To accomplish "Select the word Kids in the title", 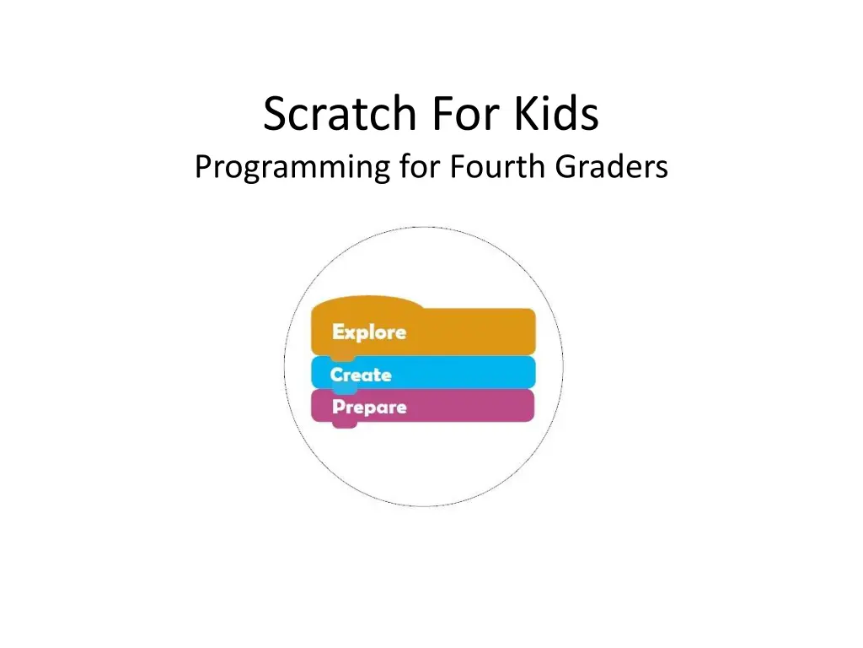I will (556, 114).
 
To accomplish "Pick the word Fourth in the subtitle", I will (498, 167).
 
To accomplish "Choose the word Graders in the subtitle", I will (611, 167).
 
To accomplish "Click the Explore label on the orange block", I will (369, 332).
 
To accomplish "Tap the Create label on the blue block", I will (361, 375).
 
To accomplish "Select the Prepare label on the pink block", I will (369, 408).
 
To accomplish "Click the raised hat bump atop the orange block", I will (367, 302).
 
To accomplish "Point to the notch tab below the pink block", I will (344, 424).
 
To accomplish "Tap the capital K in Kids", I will (528, 115).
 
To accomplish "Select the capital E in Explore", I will (339, 332).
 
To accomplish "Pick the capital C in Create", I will (336, 375).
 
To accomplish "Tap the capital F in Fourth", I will (457, 167).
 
